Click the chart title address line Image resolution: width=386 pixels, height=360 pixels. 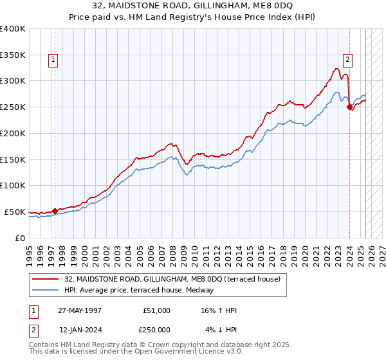click(x=193, y=6)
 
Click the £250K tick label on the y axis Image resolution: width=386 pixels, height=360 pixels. click(x=13, y=107)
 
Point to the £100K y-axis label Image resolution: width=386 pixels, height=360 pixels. click(x=13, y=186)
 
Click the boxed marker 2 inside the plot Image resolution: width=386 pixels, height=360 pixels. click(x=347, y=60)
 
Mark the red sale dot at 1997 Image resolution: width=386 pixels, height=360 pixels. click(x=55, y=210)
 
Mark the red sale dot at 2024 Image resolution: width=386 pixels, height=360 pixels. click(x=349, y=107)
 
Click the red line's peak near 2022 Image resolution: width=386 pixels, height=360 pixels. click(x=338, y=68)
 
